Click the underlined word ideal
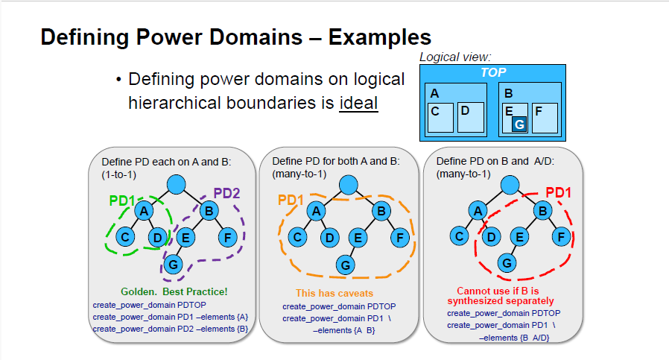click(358, 103)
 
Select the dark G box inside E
click(519, 124)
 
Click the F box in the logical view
click(545, 118)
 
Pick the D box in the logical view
click(471, 117)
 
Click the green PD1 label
click(121, 200)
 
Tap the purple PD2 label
click(226, 194)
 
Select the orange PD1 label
click(291, 200)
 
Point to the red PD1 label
click(559, 192)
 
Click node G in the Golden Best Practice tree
click(174, 265)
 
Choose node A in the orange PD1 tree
click(316, 211)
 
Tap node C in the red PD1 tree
click(459, 236)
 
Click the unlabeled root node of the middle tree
click(349, 185)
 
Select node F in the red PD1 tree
click(561, 236)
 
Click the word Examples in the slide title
click(380, 37)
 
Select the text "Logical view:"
click(455, 57)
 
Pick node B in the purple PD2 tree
click(209, 210)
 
